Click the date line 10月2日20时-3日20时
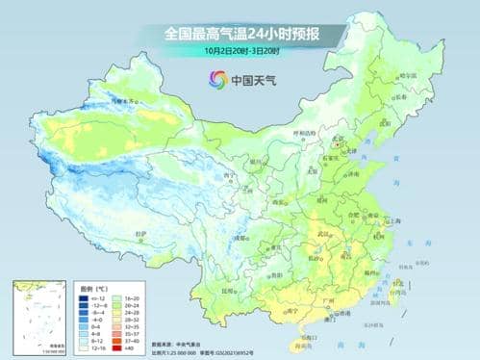tap(240, 49)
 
